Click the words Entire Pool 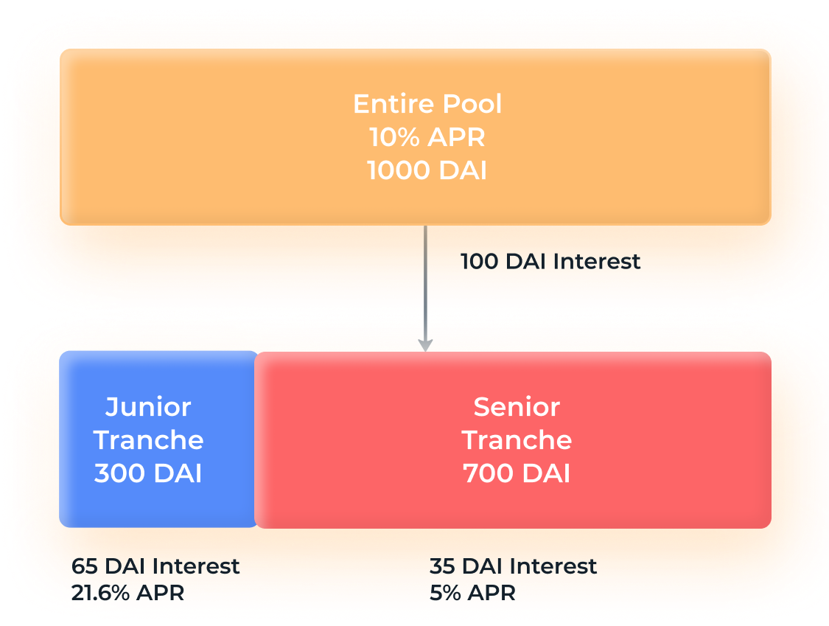pyautogui.click(x=427, y=104)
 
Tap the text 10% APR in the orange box pyautogui.click(x=427, y=137)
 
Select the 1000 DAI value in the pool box pyautogui.click(x=427, y=170)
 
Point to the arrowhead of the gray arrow pyautogui.click(x=425, y=345)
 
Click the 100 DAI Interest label pyautogui.click(x=550, y=262)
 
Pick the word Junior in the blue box pyautogui.click(x=148, y=407)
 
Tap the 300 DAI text pyautogui.click(x=148, y=473)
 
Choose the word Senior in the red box pyautogui.click(x=517, y=407)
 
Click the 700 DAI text pyautogui.click(x=517, y=473)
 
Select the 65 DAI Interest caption pyautogui.click(x=155, y=566)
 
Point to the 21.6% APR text pyautogui.click(x=128, y=593)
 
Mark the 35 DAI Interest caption pyautogui.click(x=514, y=566)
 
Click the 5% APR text pyautogui.click(x=472, y=593)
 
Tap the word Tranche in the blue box pyautogui.click(x=148, y=440)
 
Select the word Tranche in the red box pyautogui.click(x=517, y=440)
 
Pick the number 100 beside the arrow pyautogui.click(x=480, y=262)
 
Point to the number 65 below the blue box pyautogui.click(x=85, y=566)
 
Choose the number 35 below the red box pyautogui.click(x=443, y=566)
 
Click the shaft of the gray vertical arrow pyautogui.click(x=425, y=282)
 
